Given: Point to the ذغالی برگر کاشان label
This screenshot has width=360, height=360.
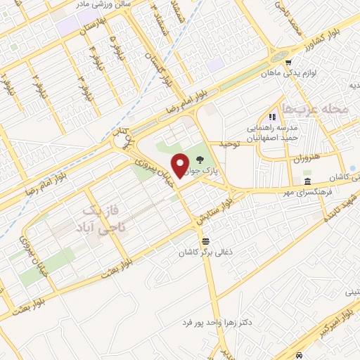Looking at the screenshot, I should click(x=205, y=251).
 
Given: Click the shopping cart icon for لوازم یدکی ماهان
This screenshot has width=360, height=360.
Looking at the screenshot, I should click(x=288, y=62).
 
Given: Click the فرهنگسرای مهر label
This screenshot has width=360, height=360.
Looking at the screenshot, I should click(x=305, y=192).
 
